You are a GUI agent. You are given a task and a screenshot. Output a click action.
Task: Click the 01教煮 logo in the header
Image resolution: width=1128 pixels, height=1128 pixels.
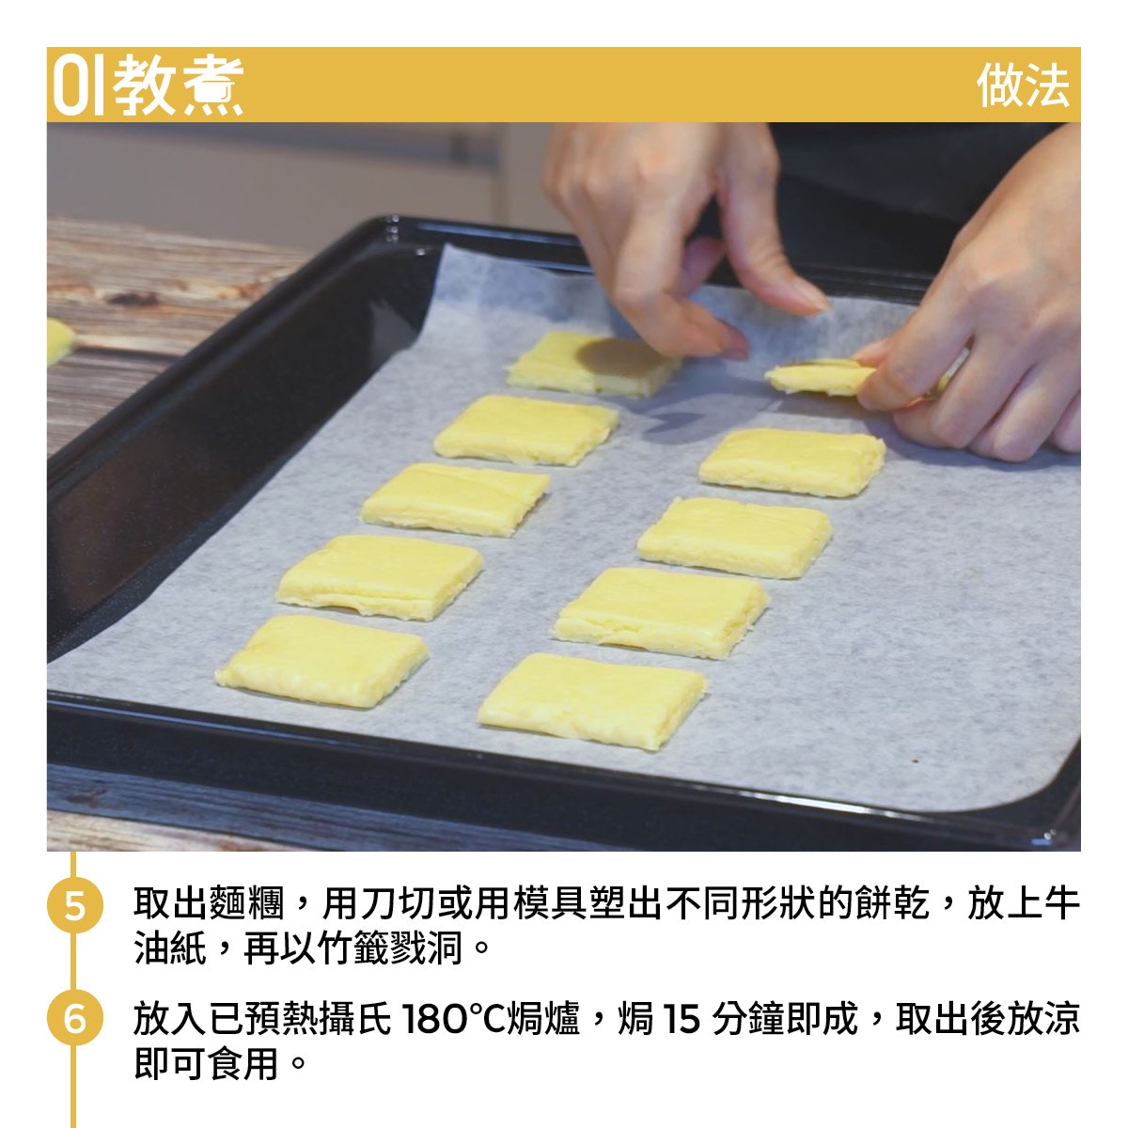point(149,85)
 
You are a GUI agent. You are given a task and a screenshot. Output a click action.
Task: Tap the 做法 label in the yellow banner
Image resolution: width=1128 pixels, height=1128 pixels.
point(1023,86)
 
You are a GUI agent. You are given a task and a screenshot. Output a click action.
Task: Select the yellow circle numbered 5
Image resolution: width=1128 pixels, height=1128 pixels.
point(75,905)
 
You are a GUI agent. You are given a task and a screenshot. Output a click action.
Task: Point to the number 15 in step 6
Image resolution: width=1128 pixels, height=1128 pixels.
point(681,1019)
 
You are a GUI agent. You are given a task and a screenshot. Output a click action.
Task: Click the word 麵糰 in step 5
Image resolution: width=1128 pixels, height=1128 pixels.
point(246,903)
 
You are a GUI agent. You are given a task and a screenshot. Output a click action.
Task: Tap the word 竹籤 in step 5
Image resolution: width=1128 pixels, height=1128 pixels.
point(354,948)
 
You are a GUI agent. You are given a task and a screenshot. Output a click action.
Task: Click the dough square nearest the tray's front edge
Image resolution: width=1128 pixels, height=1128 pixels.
point(592,700)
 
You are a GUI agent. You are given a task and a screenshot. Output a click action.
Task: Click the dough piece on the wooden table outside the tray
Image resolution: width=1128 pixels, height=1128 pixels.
point(59,340)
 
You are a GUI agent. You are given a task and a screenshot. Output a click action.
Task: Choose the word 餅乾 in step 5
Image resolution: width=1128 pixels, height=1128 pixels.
point(891,903)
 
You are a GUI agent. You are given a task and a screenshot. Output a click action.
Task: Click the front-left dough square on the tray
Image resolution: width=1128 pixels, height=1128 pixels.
point(321,661)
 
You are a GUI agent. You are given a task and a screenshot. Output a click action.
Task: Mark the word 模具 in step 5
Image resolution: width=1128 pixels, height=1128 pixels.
point(550,903)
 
